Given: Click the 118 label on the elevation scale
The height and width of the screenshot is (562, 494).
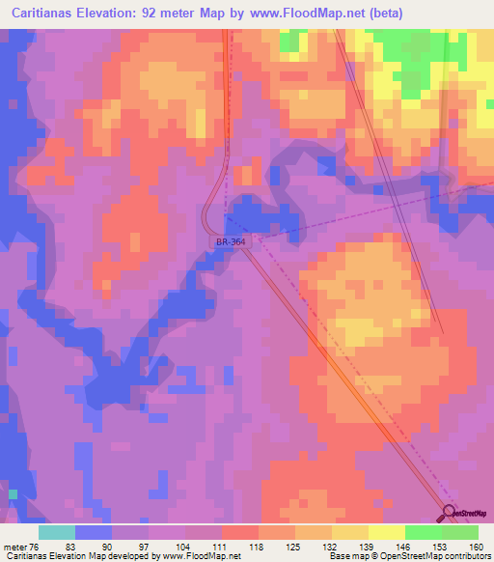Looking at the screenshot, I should [256, 547].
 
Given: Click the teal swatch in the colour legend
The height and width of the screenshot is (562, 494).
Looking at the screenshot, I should [57, 532].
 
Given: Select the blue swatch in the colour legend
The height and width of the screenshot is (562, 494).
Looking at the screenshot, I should [94, 532].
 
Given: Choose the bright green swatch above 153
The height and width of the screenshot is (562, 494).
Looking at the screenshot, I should [424, 532].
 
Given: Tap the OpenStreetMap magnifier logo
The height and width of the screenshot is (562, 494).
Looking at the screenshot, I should [450, 516].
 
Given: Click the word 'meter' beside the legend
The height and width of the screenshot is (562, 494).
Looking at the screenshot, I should [18, 547].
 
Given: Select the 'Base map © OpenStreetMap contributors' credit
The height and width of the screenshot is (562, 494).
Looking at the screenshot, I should [408, 557].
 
